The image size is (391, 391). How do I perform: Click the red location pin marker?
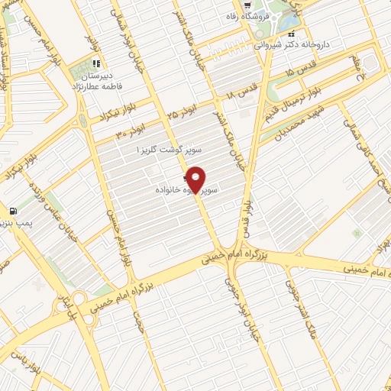pos(196,179)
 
